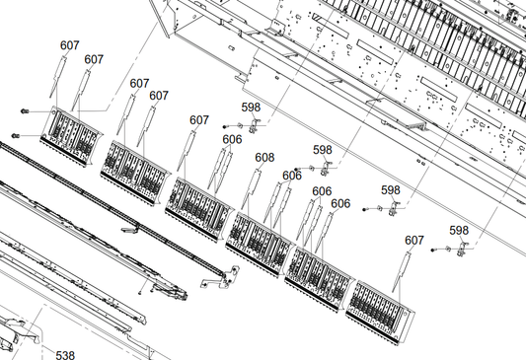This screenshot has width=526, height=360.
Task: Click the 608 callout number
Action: click(x=264, y=157)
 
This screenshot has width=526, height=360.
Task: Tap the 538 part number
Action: click(x=65, y=355)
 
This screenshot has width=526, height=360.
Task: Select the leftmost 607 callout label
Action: click(x=70, y=45)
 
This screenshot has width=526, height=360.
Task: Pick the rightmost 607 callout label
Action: click(x=414, y=240)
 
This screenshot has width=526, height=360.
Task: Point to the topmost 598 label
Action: click(x=251, y=108)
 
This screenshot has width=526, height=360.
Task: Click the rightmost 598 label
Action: click(x=459, y=230)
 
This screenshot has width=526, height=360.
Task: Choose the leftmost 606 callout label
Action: click(x=232, y=139)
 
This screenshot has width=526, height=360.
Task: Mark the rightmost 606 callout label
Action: click(x=340, y=203)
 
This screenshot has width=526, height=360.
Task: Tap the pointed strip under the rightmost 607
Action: click(x=402, y=271)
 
